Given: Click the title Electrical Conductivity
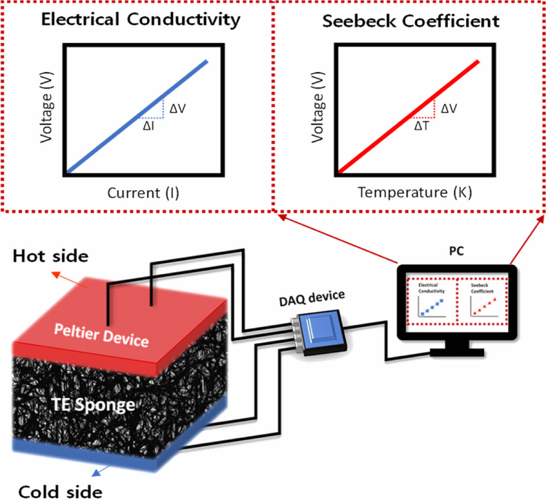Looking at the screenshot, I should (140, 19).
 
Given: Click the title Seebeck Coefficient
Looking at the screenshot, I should (410, 21).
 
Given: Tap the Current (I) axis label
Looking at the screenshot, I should (143, 193).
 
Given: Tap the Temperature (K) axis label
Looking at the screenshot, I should (415, 192).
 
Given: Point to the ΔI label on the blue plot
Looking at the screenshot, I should (148, 126).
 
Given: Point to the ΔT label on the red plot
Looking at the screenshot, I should (422, 126).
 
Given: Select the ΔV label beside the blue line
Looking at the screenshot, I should (177, 108).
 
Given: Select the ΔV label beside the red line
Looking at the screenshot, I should (449, 108).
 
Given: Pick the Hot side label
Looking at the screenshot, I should (50, 256).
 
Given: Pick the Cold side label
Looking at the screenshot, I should (60, 492).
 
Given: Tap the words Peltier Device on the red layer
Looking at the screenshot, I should (101, 335).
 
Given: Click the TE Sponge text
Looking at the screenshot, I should (93, 405).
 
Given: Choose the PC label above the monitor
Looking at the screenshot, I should (456, 251).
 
